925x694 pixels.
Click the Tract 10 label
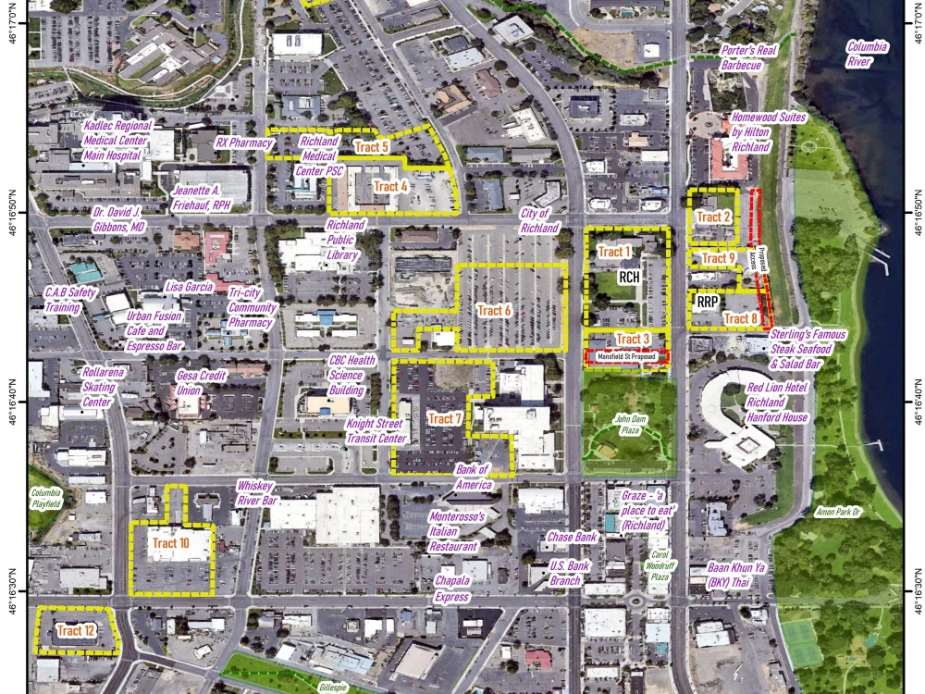171,543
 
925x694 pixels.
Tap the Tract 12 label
76,631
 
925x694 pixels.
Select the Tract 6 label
495,311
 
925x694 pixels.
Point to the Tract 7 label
445,418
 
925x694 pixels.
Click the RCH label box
629,277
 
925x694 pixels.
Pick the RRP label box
709,301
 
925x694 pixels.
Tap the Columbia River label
867,54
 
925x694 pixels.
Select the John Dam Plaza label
630,425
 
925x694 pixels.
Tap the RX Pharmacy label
243,143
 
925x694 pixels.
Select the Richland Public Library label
346,240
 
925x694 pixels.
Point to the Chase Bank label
572,537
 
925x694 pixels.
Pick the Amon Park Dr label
838,512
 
